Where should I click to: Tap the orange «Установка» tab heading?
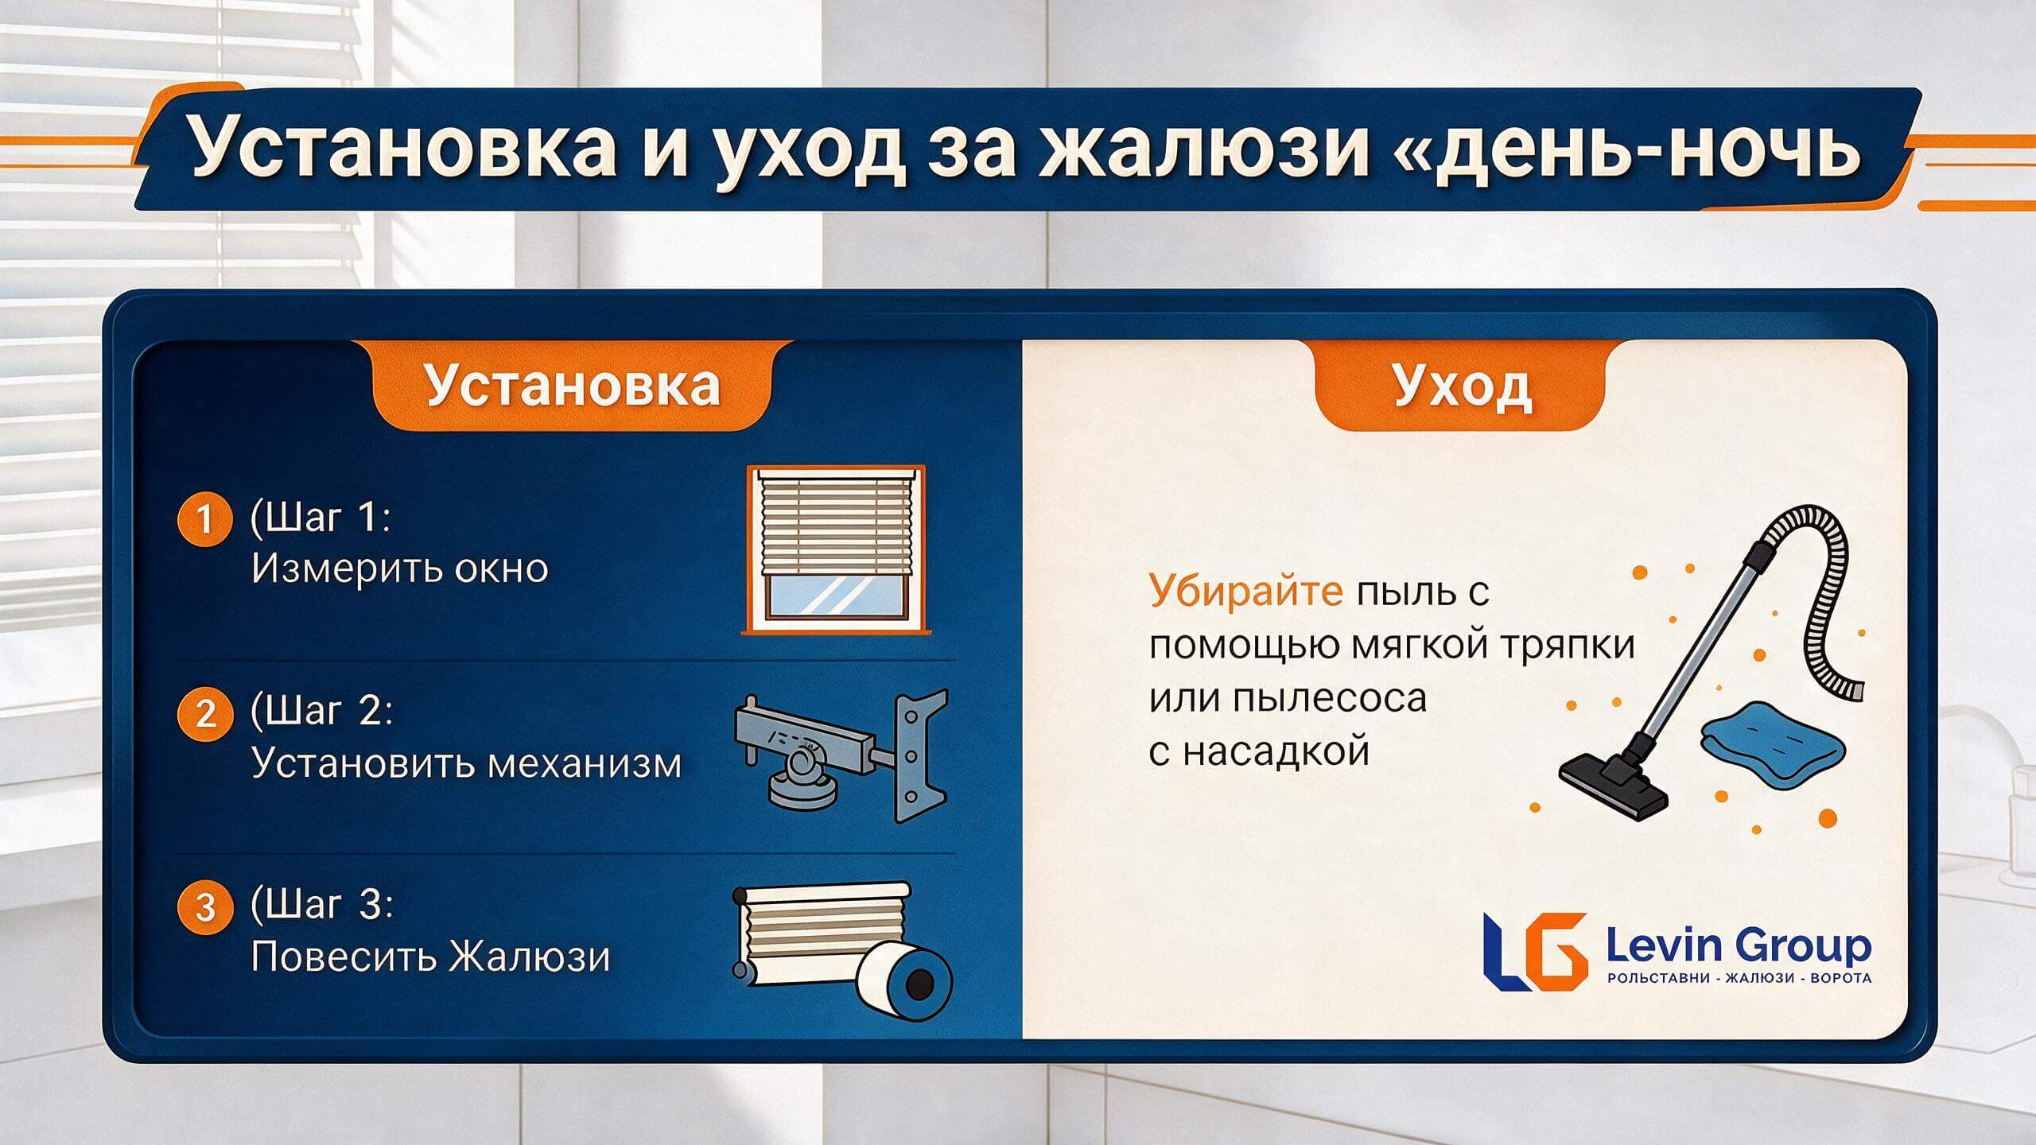573,386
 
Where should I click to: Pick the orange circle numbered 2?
205,713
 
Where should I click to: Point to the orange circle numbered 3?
205,907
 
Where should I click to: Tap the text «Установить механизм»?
467,763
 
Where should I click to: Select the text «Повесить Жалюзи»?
431,957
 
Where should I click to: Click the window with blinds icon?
835,549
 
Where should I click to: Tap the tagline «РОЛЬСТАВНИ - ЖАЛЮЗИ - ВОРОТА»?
1739,978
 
